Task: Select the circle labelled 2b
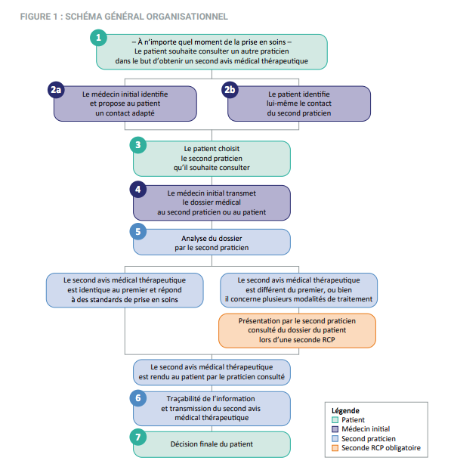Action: tap(230, 90)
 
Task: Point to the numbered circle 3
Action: tap(137, 144)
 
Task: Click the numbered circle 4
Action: tap(137, 188)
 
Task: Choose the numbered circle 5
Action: tap(137, 232)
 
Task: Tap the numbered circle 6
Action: tap(137, 397)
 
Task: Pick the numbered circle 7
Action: tap(137, 437)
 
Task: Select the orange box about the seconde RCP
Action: tap(297, 330)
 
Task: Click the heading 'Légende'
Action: tap(346, 411)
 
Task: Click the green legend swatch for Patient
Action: tap(335, 420)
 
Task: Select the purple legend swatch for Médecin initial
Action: tap(335, 429)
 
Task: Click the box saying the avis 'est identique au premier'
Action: tap(124, 289)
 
